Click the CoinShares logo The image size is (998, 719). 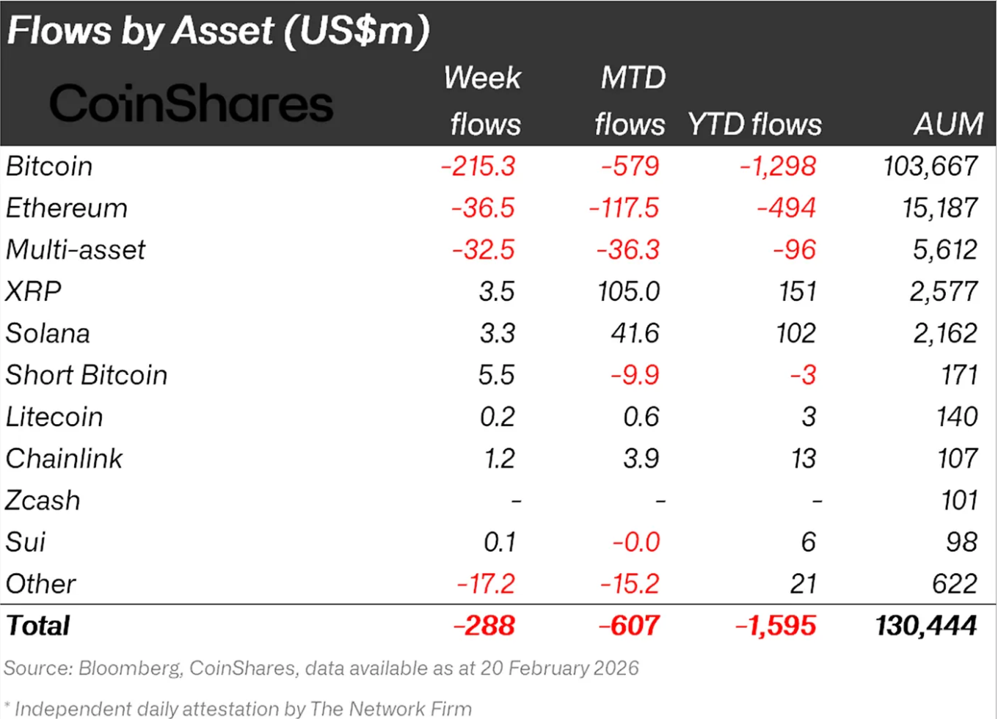click(191, 103)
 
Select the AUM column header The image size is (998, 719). click(948, 124)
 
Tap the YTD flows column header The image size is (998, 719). click(754, 124)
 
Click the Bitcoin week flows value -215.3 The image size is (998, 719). click(478, 167)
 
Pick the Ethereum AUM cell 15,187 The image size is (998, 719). click(940, 208)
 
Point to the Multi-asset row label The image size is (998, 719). click(76, 250)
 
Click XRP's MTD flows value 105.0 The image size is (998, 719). click(629, 292)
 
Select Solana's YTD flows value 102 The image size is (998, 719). click(796, 334)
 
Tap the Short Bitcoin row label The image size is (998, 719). click(87, 376)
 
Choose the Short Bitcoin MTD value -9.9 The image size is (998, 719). click(635, 376)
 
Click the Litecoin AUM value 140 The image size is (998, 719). click(957, 417)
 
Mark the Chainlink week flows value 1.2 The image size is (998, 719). click(500, 459)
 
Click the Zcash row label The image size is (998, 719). click(43, 501)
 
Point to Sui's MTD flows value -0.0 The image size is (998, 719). click(636, 543)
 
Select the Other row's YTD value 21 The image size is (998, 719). click(804, 585)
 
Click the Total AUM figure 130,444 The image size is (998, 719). click(925, 626)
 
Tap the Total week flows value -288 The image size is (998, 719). click(484, 626)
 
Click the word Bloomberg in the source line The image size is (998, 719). click(129, 668)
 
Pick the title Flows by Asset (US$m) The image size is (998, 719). click(218, 31)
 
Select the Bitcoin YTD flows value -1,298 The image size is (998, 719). click(778, 167)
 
